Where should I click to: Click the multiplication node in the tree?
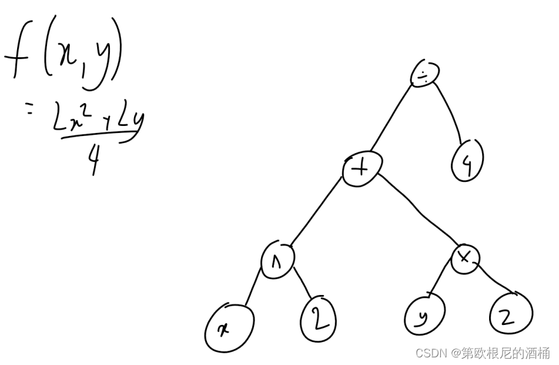tap(466, 258)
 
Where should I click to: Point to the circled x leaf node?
tap(229, 329)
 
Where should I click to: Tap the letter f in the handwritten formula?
tap(22, 57)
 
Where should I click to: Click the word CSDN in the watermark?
tap(428, 352)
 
